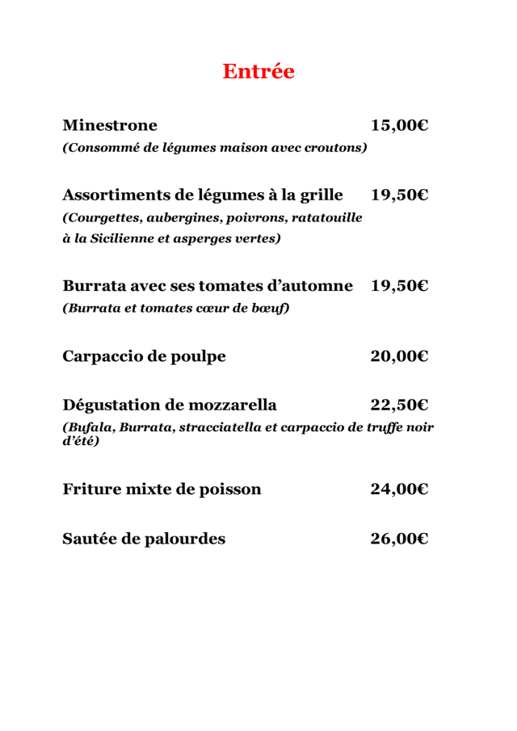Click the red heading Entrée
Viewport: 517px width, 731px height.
[258, 71]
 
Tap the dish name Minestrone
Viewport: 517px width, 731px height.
[110, 125]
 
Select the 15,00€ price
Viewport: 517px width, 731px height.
[399, 125]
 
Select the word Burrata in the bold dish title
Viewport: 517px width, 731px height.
[99, 286]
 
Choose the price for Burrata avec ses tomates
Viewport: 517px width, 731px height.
[399, 286]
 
